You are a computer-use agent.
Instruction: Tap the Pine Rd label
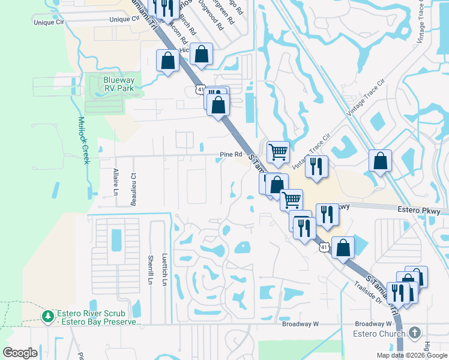(230, 155)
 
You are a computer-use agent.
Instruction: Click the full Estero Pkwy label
(419, 211)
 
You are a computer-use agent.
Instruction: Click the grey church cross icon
(415, 332)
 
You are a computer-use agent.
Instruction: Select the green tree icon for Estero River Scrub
(47, 315)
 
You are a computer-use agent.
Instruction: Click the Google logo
(20, 353)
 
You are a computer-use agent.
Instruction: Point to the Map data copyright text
(412, 355)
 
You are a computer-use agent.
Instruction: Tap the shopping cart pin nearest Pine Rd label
(278, 152)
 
